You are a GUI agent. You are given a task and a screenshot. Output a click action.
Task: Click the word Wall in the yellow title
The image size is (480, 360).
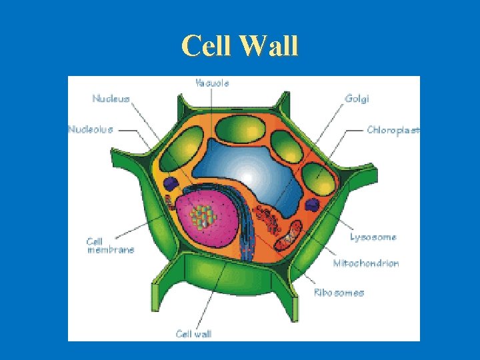pos(270,46)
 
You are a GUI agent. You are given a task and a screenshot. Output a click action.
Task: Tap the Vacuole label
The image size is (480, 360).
pos(212,83)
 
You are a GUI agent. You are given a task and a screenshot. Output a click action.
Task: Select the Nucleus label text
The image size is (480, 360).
pos(111,99)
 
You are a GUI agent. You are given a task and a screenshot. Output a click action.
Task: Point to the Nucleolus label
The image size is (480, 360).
pos(90,129)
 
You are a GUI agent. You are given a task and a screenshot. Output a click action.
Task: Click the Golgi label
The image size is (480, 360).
pos(357,99)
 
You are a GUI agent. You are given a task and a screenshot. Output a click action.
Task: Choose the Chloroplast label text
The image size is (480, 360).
pos(393,130)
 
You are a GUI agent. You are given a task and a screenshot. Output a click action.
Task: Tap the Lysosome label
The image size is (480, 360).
pos(373,237)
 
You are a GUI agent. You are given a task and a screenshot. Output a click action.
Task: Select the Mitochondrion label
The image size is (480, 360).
pos(366,263)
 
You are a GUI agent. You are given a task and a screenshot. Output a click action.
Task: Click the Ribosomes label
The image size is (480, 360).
pos(339,293)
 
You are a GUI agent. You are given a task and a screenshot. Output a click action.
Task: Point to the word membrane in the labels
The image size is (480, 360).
pos(111,250)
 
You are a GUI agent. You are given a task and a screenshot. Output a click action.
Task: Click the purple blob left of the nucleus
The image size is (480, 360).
pos(172,182)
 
